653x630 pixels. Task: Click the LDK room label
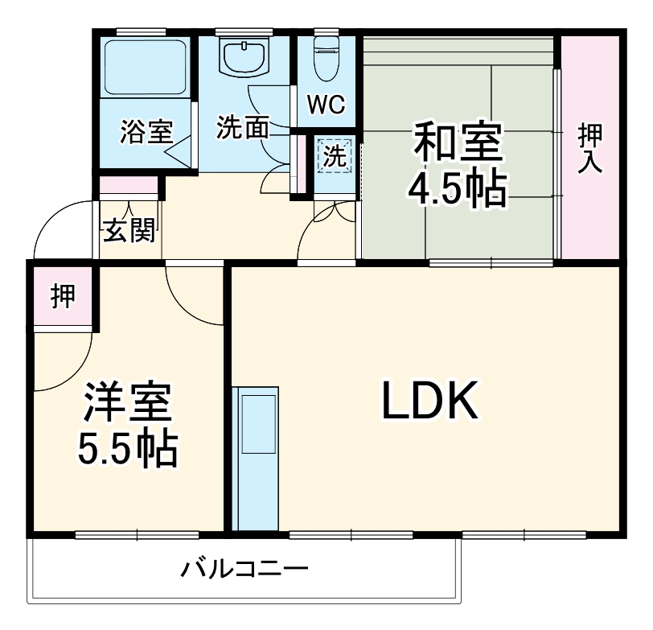(x=429, y=402)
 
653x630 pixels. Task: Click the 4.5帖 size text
(x=458, y=190)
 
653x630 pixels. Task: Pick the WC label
(x=326, y=104)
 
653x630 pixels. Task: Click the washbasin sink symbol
(x=244, y=56)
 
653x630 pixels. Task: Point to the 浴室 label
(x=147, y=132)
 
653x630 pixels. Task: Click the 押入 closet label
(x=591, y=149)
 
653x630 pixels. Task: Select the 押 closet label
(x=62, y=296)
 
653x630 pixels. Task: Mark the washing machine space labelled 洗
(x=334, y=156)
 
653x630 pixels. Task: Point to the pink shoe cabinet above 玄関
(x=129, y=186)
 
